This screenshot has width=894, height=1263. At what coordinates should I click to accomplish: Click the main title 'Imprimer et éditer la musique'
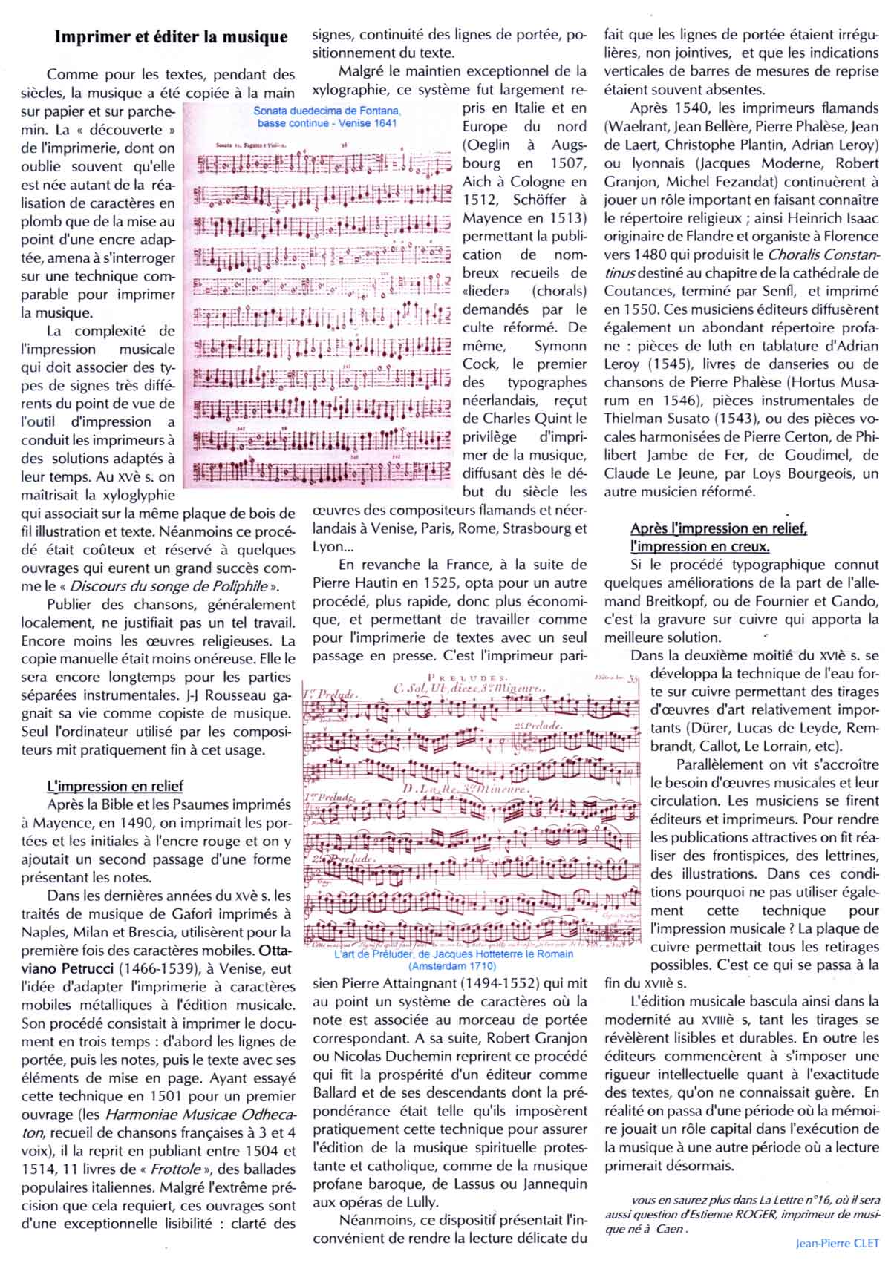click(x=171, y=36)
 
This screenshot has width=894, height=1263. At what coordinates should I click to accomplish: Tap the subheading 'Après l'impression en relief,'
click(x=718, y=528)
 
